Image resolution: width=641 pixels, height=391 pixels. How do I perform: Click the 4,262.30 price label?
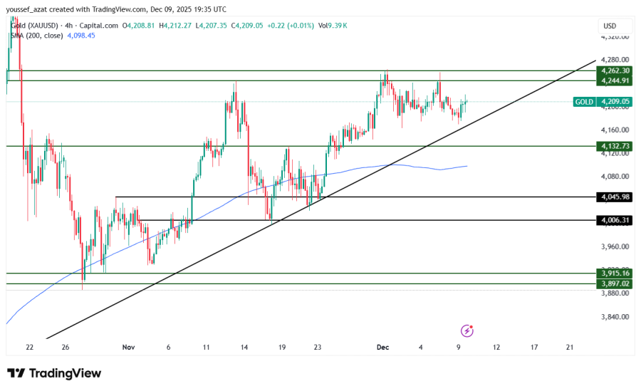pos(615,71)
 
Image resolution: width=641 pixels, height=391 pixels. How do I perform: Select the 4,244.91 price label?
pos(615,80)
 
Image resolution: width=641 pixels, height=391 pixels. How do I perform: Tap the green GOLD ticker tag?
pos(585,102)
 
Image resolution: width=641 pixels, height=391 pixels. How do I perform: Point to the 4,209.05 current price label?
pos(615,102)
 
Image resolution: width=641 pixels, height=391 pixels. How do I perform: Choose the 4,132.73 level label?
pos(615,146)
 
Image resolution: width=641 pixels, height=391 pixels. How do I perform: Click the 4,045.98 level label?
pos(615,197)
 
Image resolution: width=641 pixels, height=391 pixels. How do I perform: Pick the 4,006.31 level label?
pos(615,220)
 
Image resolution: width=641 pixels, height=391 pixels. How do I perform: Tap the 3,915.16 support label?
pos(615,273)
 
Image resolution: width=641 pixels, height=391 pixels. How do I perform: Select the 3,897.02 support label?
pos(615,283)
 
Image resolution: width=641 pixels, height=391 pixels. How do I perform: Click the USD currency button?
pos(610,26)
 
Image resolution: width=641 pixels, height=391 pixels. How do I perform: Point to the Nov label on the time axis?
pos(128,347)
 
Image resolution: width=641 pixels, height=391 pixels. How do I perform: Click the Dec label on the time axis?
pos(382,347)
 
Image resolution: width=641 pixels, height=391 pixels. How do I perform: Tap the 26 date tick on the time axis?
pos(66,347)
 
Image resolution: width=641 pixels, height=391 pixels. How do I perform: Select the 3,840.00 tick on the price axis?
pos(615,317)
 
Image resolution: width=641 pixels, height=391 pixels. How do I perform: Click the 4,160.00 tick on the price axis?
pos(615,130)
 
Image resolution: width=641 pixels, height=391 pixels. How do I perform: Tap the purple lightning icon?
pos(467,330)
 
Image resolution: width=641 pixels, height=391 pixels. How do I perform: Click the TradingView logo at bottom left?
pos(54,373)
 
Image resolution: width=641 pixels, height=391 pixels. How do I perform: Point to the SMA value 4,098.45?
pos(80,35)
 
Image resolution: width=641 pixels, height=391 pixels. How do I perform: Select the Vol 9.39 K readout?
pos(334,26)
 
